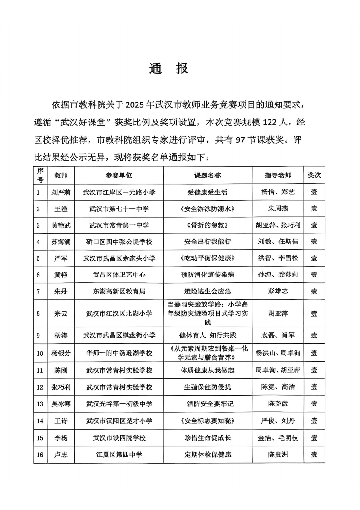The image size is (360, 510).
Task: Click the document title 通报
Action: pos(168,69)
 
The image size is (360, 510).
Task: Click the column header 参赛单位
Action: pos(119,175)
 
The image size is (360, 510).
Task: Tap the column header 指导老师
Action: pos(278,175)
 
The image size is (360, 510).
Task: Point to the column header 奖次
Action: pos(314,175)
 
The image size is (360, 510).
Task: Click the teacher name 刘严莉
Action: pos(61,192)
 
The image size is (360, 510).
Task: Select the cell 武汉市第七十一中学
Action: pos(119,209)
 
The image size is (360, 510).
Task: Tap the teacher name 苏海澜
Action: pos(61,242)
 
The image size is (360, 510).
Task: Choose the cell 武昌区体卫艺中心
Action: pos(119,275)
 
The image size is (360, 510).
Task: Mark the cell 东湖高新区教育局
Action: pos(119,291)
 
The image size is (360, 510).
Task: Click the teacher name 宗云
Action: pos(61,313)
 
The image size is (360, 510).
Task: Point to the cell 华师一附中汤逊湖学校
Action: pos(119,352)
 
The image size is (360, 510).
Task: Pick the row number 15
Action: pos(39,438)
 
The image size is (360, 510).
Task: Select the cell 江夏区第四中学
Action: pos(119,455)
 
